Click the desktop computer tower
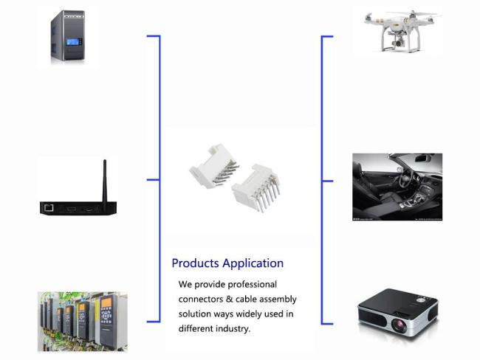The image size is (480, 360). pyautogui.click(x=68, y=35)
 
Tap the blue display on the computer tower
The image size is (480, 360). pyautogui.click(x=73, y=41)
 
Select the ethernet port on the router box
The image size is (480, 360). pyautogui.click(x=49, y=208)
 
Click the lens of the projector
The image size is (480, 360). pyautogui.click(x=399, y=325)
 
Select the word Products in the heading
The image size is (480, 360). pyautogui.click(x=195, y=263)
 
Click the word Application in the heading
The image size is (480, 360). pyautogui.click(x=253, y=263)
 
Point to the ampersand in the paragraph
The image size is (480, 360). pyautogui.click(x=230, y=299)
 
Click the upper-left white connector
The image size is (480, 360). pyautogui.click(x=214, y=166)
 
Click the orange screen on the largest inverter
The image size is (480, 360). pyautogui.click(x=106, y=302)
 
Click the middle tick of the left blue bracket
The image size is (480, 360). pyautogui.click(x=153, y=179)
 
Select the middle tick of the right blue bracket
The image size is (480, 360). pyautogui.click(x=327, y=181)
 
